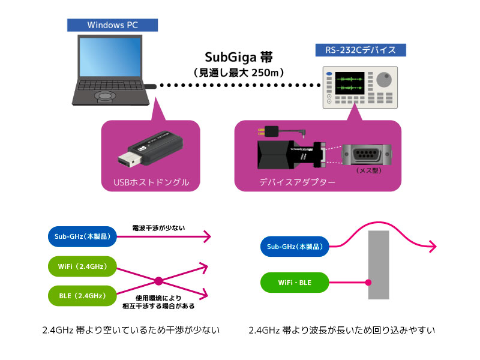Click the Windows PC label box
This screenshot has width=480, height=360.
[112, 25]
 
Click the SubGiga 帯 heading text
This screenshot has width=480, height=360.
[239, 57]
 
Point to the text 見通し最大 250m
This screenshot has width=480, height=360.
[239, 72]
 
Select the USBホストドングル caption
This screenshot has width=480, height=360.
[150, 181]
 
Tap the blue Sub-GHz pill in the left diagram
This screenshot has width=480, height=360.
[80, 237]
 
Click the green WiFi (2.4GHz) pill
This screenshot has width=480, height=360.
[80, 266]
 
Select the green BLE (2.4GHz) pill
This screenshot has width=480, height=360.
[80, 295]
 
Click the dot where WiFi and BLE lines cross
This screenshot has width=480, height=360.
[159, 281]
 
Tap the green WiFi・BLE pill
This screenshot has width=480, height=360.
[294, 282]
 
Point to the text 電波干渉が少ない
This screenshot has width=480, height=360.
[159, 229]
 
